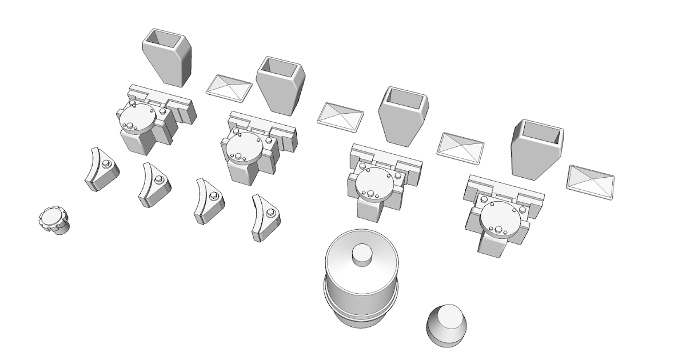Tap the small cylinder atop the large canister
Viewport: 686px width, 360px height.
coord(362,254)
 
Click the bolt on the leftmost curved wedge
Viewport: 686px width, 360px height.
coord(106,165)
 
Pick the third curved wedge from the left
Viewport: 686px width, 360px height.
coord(208,201)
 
